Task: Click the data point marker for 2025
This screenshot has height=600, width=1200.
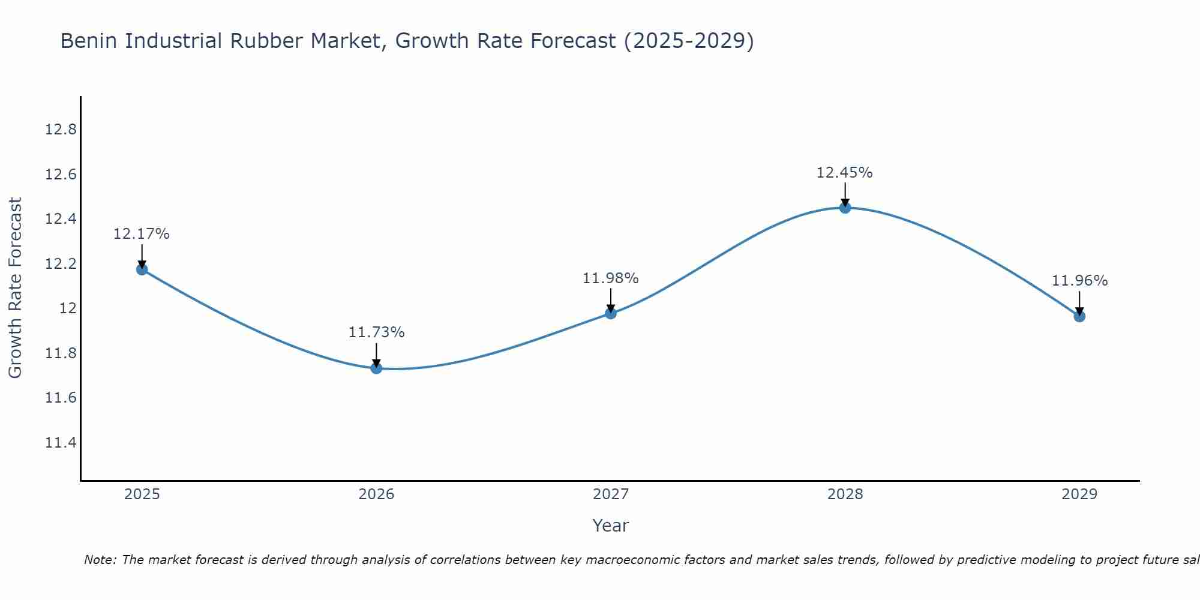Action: pyautogui.click(x=142, y=269)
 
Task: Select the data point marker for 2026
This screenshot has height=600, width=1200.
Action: pyautogui.click(x=376, y=368)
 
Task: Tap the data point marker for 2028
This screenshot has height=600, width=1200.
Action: pyautogui.click(x=845, y=208)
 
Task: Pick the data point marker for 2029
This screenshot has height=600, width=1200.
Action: pyautogui.click(x=1079, y=316)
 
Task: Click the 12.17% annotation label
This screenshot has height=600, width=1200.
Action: pyautogui.click(x=142, y=234)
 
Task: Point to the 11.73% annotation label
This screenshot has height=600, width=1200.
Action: pyautogui.click(x=376, y=332)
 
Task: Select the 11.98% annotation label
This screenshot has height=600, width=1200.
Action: pyautogui.click(x=610, y=278)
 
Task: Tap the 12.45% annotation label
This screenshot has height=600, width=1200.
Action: pyautogui.click(x=844, y=173)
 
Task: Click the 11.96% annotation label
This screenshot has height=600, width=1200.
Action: pyautogui.click(x=1079, y=281)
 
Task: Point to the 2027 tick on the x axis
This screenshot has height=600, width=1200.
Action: pyautogui.click(x=611, y=494)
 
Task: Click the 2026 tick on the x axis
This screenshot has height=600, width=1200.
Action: pyautogui.click(x=376, y=494)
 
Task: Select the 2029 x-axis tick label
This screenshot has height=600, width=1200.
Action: pyautogui.click(x=1079, y=494)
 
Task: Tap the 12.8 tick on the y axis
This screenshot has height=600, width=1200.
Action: pyautogui.click(x=61, y=130)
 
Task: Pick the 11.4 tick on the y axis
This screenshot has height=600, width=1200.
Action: pyautogui.click(x=61, y=443)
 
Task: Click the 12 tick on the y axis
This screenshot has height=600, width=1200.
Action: pyautogui.click(x=68, y=308)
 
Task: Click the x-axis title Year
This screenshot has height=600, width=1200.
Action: pyautogui.click(x=610, y=526)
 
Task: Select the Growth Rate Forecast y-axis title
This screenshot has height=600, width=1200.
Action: pyautogui.click(x=15, y=288)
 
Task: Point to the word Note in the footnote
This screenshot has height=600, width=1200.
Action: pyautogui.click(x=100, y=560)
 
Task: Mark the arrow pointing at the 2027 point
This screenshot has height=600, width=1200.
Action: pyautogui.click(x=611, y=300)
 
